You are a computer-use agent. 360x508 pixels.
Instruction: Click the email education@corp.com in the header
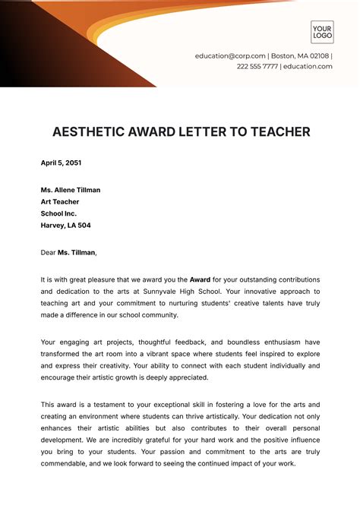[x=230, y=56]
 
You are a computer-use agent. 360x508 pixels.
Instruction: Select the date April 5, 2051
[x=61, y=162]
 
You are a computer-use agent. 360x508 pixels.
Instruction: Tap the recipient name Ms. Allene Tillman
[x=71, y=190]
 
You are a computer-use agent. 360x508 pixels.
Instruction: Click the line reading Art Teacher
[x=60, y=201]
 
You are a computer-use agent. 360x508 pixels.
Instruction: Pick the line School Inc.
[x=58, y=213]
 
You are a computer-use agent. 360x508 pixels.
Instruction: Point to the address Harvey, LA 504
[x=65, y=226]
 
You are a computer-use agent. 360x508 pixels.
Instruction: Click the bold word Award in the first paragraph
[x=200, y=279]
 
